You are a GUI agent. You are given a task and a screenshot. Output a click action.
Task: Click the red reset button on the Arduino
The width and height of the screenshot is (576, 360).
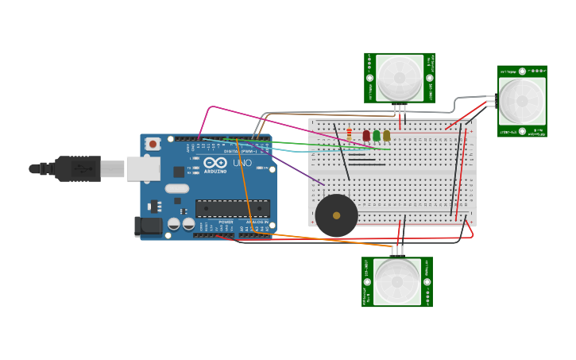click(153, 144)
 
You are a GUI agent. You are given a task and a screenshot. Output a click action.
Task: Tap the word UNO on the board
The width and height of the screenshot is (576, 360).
click(242, 163)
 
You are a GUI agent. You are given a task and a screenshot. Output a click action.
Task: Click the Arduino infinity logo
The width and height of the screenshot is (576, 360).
click(215, 163)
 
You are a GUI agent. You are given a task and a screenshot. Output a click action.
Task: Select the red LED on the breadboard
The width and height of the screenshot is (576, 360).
click(366, 136)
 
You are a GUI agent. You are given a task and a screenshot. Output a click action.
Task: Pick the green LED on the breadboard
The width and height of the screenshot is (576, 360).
click(377, 136)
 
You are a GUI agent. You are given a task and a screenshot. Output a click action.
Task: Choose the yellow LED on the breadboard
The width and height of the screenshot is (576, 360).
click(386, 136)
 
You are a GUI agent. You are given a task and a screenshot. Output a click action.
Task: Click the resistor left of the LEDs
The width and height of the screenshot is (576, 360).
click(349, 134)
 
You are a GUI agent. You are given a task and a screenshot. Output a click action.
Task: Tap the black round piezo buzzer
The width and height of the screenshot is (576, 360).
click(337, 215)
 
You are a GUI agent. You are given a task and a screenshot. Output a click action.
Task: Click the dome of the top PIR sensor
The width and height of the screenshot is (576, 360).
click(400, 78)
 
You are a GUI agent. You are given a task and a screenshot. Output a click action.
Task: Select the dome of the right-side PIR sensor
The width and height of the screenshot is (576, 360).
click(522, 101)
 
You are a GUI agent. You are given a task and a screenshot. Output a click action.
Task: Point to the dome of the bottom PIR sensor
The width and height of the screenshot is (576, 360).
click(397, 281)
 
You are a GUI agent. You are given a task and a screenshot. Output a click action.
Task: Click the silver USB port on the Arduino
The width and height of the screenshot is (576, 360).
click(143, 168)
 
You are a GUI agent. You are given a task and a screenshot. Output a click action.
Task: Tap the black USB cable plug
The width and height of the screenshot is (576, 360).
click(79, 168)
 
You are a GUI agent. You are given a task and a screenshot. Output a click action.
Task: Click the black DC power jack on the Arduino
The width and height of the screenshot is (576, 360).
click(149, 226)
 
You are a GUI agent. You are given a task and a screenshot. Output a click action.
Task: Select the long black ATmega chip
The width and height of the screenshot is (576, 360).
click(232, 208)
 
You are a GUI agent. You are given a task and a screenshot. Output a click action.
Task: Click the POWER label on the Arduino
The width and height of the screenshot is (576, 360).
click(226, 222)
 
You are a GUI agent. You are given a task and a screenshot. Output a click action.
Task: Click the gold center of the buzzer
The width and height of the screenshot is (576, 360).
click(337, 215)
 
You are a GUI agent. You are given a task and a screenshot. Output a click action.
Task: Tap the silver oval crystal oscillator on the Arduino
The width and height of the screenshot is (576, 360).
click(177, 189)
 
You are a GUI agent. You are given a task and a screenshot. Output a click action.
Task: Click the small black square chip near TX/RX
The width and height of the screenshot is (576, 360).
click(179, 172)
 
